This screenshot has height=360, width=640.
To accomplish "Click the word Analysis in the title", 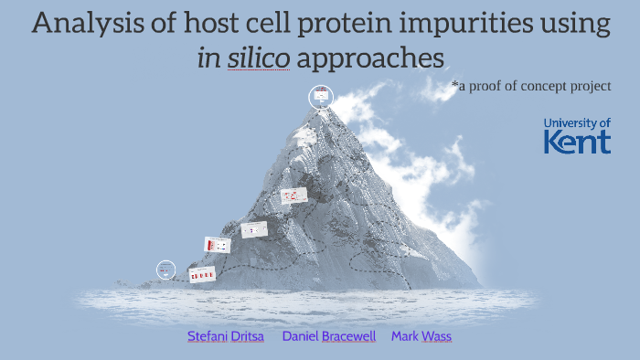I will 84,23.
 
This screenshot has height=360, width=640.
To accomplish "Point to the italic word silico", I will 260,58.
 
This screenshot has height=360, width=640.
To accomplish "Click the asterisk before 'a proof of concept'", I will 454,85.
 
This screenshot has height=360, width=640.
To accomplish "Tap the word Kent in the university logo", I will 577,142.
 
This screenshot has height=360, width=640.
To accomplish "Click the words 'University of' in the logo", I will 577,122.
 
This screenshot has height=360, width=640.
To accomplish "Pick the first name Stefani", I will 206,336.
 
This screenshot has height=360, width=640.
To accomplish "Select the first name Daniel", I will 301,336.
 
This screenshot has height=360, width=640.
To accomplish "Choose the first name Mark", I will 404,336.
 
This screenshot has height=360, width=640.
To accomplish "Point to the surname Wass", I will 436,336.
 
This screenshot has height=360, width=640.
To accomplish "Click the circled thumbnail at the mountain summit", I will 321,96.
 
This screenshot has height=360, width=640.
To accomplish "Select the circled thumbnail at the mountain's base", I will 165,270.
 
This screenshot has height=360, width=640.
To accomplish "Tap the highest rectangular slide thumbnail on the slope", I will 293,195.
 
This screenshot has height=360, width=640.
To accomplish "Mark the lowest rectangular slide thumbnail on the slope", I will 201,274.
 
